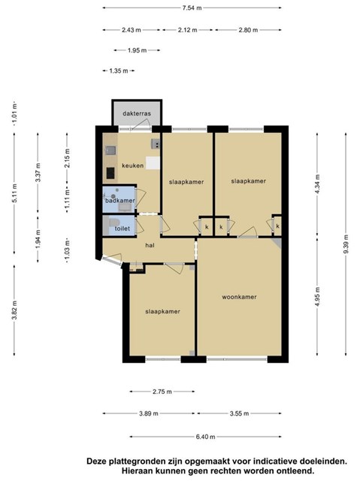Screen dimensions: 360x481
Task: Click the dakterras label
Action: [x=137, y=113]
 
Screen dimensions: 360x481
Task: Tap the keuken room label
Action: [x=133, y=165]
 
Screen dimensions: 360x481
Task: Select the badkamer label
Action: [x=120, y=201]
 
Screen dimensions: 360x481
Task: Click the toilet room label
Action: [x=123, y=228]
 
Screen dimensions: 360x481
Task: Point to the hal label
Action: [x=150, y=245]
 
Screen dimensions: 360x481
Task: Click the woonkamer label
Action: [x=239, y=297]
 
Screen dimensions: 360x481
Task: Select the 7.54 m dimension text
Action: [x=192, y=8]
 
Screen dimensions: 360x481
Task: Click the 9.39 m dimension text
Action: [x=346, y=244]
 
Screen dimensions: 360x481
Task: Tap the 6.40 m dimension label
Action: [x=205, y=437]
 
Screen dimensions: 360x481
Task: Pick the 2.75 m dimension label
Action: [x=162, y=392]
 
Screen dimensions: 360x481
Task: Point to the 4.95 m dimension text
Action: [x=317, y=297]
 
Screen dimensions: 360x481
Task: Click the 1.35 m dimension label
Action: [x=119, y=71]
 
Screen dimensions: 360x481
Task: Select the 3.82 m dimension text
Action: [x=14, y=310]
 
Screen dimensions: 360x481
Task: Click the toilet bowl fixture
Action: [x=113, y=222]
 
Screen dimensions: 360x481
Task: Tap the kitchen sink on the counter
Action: [x=110, y=150]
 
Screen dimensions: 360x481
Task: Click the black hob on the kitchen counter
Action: [x=110, y=173]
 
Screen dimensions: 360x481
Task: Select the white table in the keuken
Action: [x=153, y=163]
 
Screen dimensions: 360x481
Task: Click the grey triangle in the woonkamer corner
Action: [x=277, y=242]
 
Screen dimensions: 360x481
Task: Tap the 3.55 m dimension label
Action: [x=240, y=413]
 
